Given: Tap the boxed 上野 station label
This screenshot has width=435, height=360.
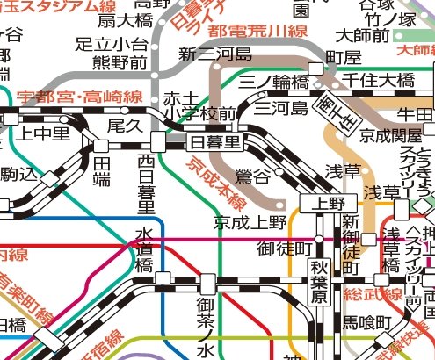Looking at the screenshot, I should click(318, 203).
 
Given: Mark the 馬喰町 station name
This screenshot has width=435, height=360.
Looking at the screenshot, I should click(366, 323).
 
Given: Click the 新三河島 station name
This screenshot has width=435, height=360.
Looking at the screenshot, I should click(215, 55).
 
